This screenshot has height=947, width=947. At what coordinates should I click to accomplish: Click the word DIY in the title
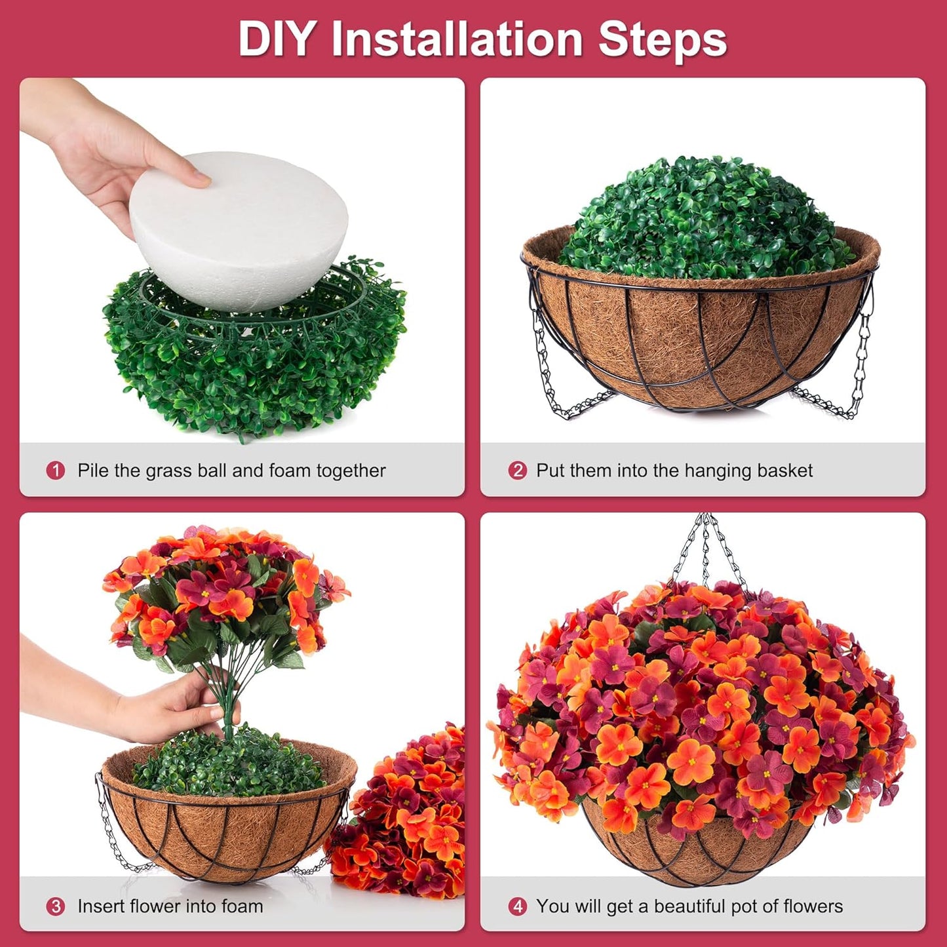[x=275, y=39]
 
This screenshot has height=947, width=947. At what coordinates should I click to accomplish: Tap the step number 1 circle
[x=56, y=471]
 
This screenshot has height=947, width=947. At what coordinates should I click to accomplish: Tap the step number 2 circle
[x=518, y=471]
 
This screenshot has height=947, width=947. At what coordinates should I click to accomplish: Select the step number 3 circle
[x=56, y=906]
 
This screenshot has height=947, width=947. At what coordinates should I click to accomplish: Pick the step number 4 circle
[x=518, y=906]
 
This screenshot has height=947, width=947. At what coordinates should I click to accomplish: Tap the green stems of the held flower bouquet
[x=226, y=701]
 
